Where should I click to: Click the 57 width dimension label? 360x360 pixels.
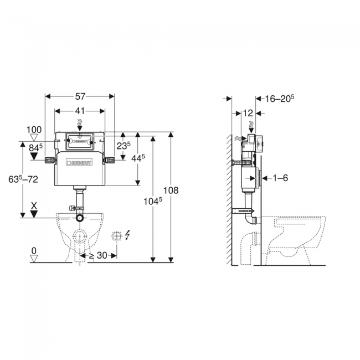[x=79, y=96]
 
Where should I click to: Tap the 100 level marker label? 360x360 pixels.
[x=34, y=130]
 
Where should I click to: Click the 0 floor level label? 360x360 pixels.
[x=34, y=250]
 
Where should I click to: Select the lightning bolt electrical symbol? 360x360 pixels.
[x=129, y=236]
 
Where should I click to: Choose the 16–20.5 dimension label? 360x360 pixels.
[x=279, y=99]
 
